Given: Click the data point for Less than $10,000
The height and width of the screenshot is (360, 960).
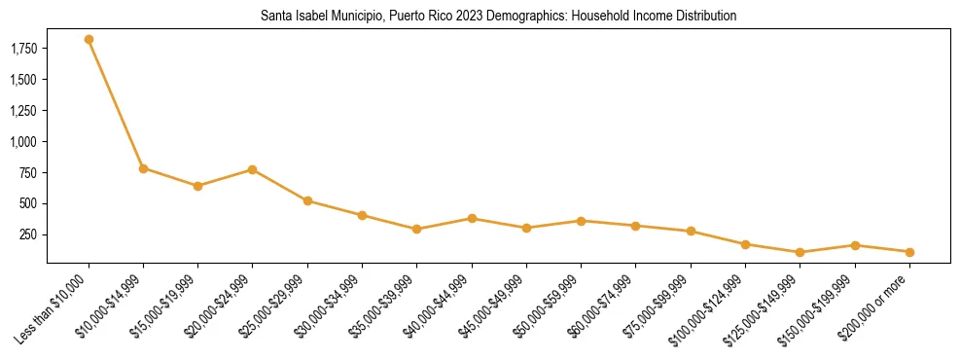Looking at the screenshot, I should pos(89,40).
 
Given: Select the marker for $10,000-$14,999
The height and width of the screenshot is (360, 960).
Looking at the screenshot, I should pos(143,168).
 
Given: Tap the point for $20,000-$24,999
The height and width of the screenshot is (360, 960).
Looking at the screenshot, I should pos(253,169).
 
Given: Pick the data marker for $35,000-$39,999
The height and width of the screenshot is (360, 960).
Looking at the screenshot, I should pos(417,230).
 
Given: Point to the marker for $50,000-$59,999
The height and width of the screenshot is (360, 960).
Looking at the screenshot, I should pos(581,221).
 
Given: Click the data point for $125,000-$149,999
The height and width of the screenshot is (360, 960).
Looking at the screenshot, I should pos(800,253).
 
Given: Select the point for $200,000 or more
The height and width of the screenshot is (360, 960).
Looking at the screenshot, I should pos(909,252).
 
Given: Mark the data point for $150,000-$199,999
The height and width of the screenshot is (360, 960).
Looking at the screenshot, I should pos(855,245).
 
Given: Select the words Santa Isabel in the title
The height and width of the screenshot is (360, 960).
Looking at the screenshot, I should pos(291,17).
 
